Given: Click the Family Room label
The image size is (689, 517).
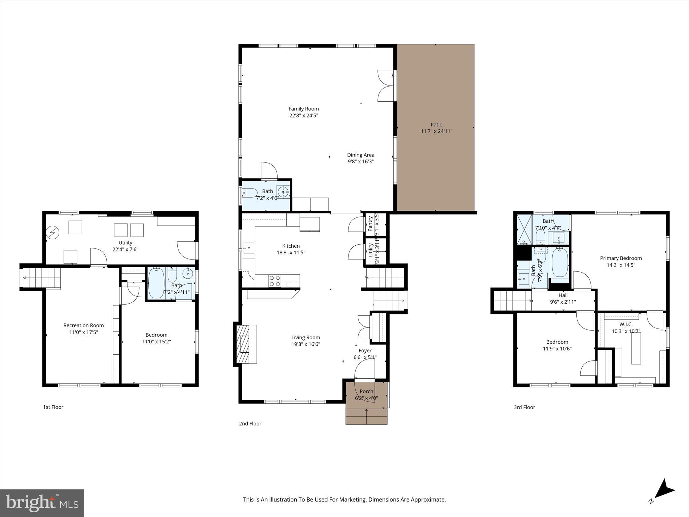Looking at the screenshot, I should pyautogui.click(x=303, y=109).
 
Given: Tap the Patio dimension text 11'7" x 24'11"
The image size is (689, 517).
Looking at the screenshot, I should pyautogui.click(x=436, y=131).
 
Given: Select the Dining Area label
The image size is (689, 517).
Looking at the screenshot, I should pyautogui.click(x=361, y=155).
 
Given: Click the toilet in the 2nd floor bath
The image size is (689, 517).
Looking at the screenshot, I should pyautogui.click(x=251, y=193).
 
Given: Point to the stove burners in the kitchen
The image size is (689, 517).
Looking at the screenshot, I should pyautogui.click(x=275, y=281).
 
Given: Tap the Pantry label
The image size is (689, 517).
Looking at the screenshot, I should pyautogui.click(x=370, y=223).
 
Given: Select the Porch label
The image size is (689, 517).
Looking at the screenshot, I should pyautogui.click(x=366, y=391).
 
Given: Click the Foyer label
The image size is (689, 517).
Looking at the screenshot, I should pyautogui.click(x=365, y=351).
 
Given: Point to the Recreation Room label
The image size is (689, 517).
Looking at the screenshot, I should pyautogui.click(x=83, y=325).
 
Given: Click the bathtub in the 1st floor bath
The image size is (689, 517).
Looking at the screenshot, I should pyautogui.click(x=156, y=283).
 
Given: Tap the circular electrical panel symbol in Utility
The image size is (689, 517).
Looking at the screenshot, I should pyautogui.click(x=52, y=232).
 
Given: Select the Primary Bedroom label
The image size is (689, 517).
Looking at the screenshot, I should pyautogui.click(x=621, y=258).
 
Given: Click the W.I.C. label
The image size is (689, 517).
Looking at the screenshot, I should pyautogui.click(x=626, y=324).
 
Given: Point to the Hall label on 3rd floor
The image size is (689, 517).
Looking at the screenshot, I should pyautogui.click(x=563, y=295).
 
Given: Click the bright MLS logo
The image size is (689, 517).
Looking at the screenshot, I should pyautogui.click(x=42, y=503).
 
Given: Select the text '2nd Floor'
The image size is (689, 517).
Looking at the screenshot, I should pyautogui.click(x=250, y=423).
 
